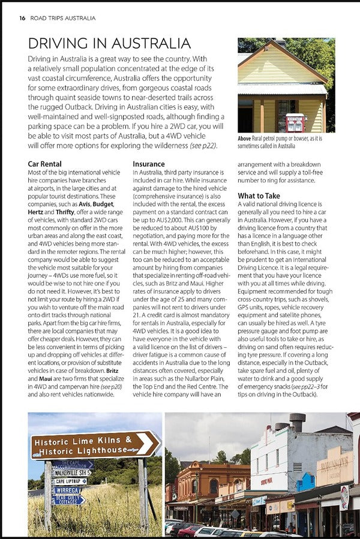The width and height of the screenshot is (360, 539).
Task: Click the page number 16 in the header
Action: click(22, 18)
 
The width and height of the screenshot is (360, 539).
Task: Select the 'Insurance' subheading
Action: click(148, 164)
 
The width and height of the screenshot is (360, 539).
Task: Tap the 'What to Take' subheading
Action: click(259, 195)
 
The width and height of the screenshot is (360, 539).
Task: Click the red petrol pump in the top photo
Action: click(295, 122)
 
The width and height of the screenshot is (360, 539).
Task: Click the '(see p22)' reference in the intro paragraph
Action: click(203, 146)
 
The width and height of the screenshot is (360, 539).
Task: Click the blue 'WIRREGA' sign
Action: click(68, 490)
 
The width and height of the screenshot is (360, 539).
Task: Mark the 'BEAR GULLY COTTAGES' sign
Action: click(69, 499)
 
